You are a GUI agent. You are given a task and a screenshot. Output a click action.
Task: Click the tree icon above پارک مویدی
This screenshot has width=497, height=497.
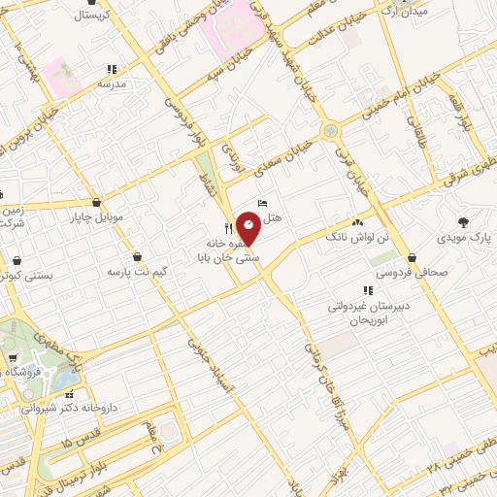coord(463,220)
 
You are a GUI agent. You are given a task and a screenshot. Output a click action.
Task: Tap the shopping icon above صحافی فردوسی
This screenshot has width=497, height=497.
coord(414,257)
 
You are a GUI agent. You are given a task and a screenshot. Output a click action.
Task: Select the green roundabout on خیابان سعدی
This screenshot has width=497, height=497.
coord(331,128)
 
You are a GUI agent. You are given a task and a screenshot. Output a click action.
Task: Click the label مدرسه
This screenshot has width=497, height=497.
coord(112,84)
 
